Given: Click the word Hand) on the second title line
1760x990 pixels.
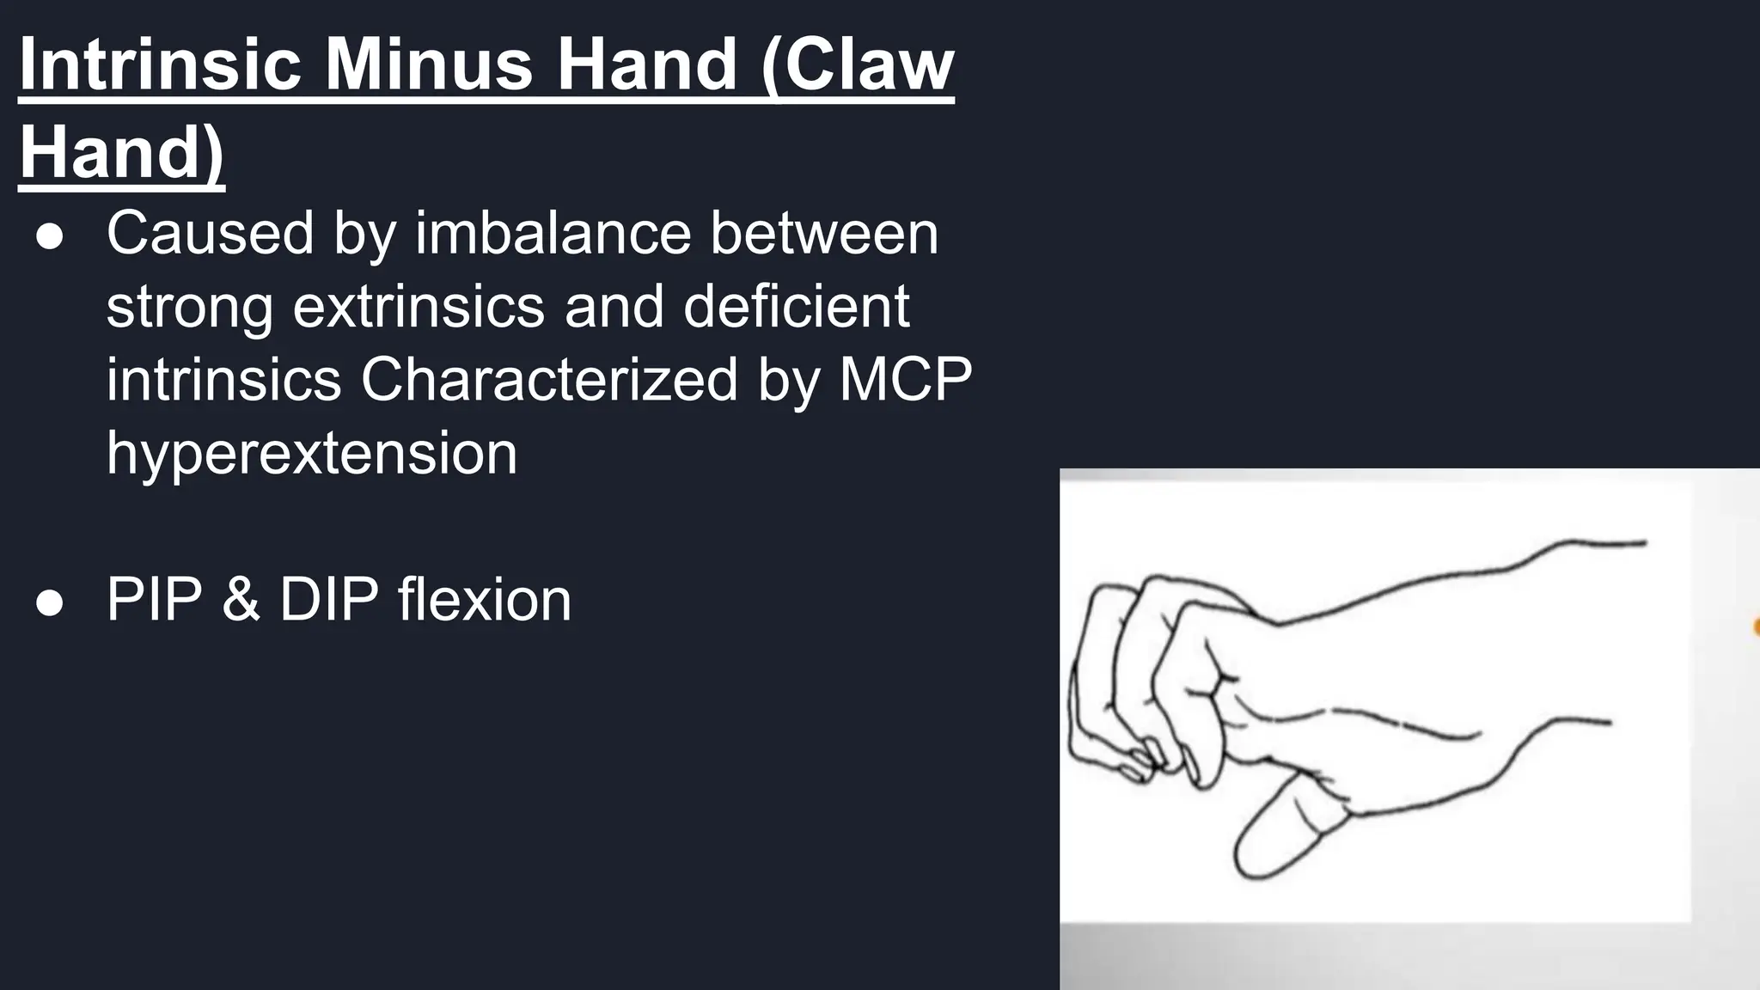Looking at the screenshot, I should [121, 151].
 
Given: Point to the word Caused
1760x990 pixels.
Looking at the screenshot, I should [210, 233].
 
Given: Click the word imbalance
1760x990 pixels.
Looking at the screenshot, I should [553, 233].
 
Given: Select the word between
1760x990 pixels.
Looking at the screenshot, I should [824, 233].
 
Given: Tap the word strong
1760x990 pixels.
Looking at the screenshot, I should [190, 307].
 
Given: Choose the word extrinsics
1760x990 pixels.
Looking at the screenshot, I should [419, 307].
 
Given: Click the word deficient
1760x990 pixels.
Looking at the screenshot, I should [796, 307].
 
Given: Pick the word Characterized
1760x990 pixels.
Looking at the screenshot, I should [549, 379].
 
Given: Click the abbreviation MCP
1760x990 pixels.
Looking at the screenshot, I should [905, 379].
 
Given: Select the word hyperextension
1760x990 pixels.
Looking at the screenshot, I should [312, 453].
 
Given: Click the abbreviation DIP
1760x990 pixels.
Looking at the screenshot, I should [328, 599].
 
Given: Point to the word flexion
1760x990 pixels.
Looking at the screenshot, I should [485, 599].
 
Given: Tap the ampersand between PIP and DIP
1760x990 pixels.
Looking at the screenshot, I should [241, 599].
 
